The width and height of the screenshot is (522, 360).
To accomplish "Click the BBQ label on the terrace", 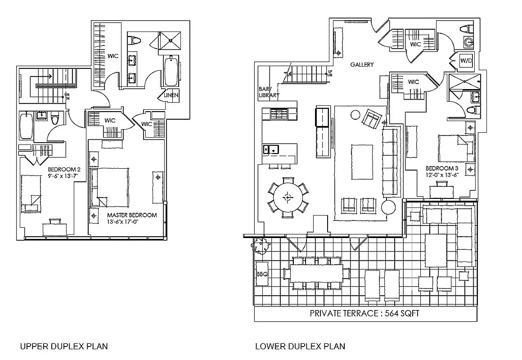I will (x=262, y=274).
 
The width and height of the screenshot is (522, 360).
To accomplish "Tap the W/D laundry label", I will (x=465, y=60).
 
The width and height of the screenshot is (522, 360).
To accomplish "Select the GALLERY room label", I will (x=362, y=65).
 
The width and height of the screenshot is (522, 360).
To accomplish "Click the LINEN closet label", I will (x=171, y=95).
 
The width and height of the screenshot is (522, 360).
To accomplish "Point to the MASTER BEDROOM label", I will (x=132, y=215).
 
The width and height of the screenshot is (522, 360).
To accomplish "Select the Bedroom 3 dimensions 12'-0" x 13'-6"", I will (x=442, y=175).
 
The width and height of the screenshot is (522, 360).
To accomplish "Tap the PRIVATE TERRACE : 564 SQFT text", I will (x=364, y=314).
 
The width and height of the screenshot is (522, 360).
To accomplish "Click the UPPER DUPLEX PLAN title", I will (x=64, y=346).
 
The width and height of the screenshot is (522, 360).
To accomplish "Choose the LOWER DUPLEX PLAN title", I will (x=300, y=346).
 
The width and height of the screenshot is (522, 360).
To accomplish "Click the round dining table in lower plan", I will (x=288, y=197).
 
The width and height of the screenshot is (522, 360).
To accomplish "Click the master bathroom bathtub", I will (x=171, y=71).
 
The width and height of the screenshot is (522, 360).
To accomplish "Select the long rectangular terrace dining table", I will (x=316, y=273).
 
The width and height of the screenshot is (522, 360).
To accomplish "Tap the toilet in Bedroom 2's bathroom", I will (x=55, y=120).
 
